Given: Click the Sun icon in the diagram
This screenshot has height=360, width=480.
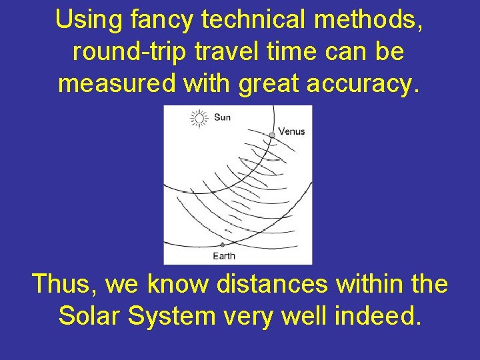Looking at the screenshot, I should [199, 119].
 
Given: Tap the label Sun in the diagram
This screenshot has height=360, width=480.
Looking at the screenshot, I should [222, 118].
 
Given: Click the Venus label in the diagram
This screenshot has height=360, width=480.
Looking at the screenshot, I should [291, 131].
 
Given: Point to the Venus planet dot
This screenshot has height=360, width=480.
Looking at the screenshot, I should [272, 135].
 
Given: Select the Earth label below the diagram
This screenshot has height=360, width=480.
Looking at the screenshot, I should [224, 256].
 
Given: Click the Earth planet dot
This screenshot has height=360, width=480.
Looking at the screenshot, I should [223, 245].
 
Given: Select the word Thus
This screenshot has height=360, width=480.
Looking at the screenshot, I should [65, 284].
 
